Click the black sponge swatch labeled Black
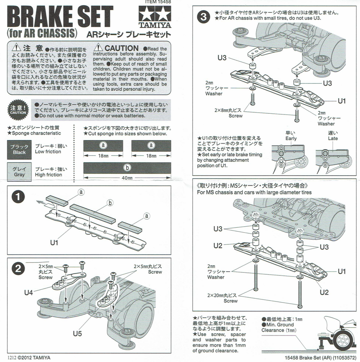point(19,149)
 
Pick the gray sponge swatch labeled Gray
point(19,172)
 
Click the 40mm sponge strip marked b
point(127,168)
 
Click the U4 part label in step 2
point(29,292)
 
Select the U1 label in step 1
point(54,243)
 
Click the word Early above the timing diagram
point(291,138)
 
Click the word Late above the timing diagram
point(333,138)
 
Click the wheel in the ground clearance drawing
point(343,341)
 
